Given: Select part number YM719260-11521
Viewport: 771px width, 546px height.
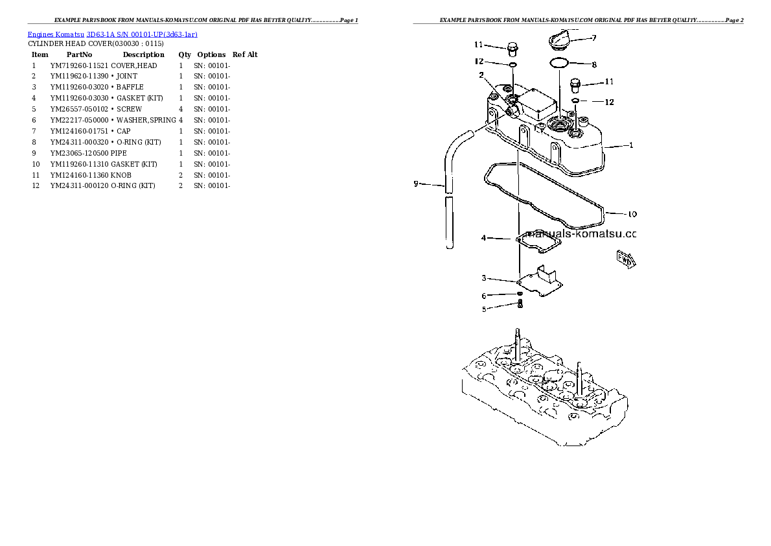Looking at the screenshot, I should (x=80, y=65).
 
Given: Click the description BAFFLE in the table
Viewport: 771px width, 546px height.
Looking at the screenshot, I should (x=129, y=87).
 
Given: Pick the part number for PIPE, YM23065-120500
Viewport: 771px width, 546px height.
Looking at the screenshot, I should (x=80, y=153).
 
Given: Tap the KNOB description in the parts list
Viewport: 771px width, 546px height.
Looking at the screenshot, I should (x=122, y=175).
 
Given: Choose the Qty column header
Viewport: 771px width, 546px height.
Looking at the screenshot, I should (x=185, y=54).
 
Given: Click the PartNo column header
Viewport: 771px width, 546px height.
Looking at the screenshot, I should (x=80, y=54).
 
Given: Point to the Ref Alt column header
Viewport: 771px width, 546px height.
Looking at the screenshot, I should (x=245, y=54).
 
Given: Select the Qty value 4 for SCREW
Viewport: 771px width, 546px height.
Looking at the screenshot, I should (x=181, y=109).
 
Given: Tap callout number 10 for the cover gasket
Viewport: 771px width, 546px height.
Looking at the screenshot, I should (x=632, y=213).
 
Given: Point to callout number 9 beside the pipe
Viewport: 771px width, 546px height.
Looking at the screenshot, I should (x=417, y=184).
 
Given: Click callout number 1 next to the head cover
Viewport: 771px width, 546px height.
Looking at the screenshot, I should (x=631, y=145).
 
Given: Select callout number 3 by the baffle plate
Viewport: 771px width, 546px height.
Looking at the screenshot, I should (x=483, y=278).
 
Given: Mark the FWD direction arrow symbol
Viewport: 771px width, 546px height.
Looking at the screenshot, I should (x=627, y=259).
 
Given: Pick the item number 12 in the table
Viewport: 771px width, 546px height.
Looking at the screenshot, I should (x=36, y=186).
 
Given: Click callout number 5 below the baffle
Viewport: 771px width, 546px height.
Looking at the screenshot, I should (x=483, y=309).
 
